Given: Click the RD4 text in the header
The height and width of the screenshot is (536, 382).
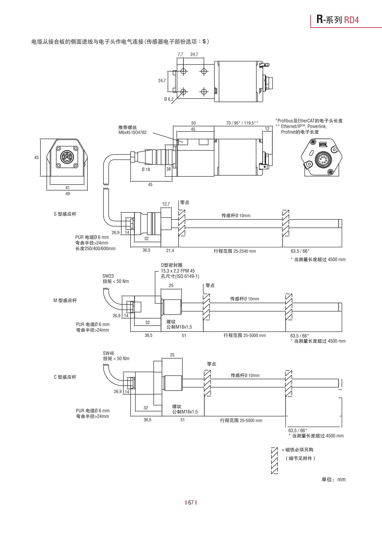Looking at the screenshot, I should (x=351, y=20).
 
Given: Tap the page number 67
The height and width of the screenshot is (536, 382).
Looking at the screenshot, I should (x=191, y=503).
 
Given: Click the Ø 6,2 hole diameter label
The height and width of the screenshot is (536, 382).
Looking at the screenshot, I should (x=169, y=99).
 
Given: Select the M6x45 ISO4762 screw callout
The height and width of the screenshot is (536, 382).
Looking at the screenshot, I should (x=132, y=133).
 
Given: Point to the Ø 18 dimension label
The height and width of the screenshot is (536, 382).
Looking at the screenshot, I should (x=146, y=170).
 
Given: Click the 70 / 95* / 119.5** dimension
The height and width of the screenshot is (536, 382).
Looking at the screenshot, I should (x=242, y=123).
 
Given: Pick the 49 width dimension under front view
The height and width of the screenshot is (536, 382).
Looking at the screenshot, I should (x=68, y=194).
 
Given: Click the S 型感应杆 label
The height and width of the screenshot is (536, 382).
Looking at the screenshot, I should (x=65, y=214).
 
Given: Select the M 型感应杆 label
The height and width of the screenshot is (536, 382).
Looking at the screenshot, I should (x=65, y=301).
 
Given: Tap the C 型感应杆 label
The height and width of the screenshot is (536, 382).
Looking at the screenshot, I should (x=65, y=377).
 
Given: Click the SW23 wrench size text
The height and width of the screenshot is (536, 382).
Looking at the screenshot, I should (x=108, y=276).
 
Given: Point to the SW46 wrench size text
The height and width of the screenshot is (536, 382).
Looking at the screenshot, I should (x=108, y=353).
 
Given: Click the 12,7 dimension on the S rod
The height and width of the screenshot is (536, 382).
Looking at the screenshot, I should (x=166, y=204).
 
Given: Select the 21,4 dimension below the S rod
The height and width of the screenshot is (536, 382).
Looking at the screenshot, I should (x=170, y=250).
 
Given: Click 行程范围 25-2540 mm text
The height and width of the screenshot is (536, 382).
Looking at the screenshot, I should (x=235, y=251).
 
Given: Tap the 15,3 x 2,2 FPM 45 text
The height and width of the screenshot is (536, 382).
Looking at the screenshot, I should (x=178, y=271).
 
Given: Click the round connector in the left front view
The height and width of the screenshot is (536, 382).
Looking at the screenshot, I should (x=67, y=157).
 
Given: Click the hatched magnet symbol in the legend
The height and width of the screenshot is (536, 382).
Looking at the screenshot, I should (x=274, y=460).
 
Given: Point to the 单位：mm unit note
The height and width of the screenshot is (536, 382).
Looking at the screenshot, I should (x=333, y=480).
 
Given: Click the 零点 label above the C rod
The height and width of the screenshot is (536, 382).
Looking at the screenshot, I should (x=211, y=364).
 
